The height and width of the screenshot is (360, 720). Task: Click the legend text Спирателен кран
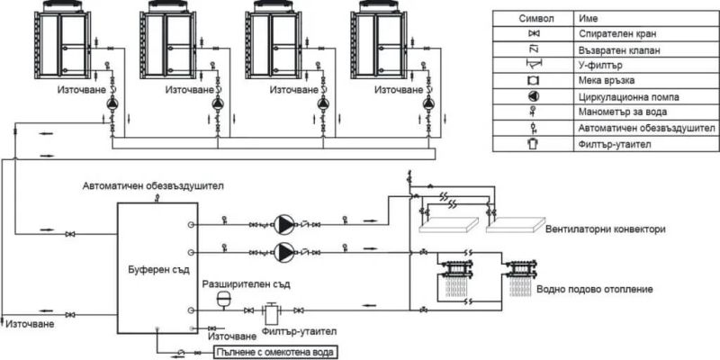pos(616,34)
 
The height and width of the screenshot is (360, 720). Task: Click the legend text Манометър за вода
pos(620,112)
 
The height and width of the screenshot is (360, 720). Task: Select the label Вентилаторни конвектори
pos(605,230)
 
